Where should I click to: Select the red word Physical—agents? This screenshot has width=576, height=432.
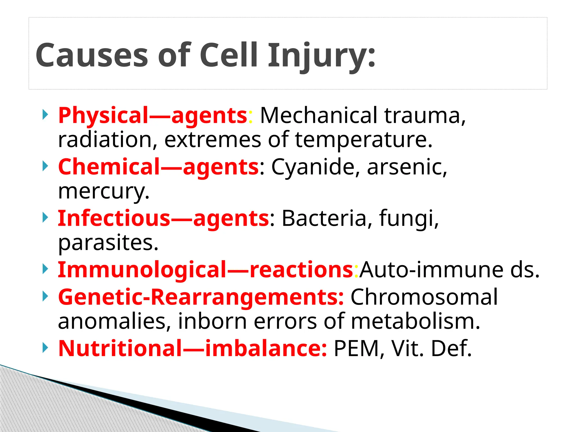(x=152, y=115)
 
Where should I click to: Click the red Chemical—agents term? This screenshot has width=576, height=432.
(x=158, y=167)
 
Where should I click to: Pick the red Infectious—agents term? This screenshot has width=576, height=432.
(x=163, y=219)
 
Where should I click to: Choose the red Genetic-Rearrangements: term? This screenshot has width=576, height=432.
(x=201, y=297)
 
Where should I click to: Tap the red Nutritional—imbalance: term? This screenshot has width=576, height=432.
(x=193, y=348)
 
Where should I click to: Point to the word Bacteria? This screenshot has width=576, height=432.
(x=324, y=219)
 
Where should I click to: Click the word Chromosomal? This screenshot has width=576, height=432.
(x=424, y=297)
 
